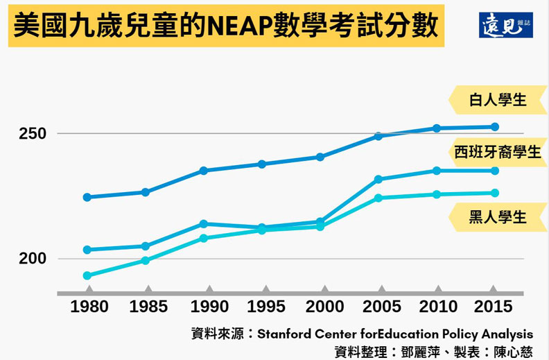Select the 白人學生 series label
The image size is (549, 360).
498,99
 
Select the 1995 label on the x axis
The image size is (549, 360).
262,307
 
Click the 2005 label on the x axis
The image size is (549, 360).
378,307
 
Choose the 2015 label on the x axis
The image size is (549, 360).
494,307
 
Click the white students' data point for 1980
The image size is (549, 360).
87,197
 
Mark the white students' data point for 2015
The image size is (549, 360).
495,127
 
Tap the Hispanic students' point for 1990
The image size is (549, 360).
204,224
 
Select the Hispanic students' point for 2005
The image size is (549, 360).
378,180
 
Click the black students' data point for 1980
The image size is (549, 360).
87,275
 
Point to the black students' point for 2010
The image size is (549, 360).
437,194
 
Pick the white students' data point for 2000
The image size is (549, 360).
320,157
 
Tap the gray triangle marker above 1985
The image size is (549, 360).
146,289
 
